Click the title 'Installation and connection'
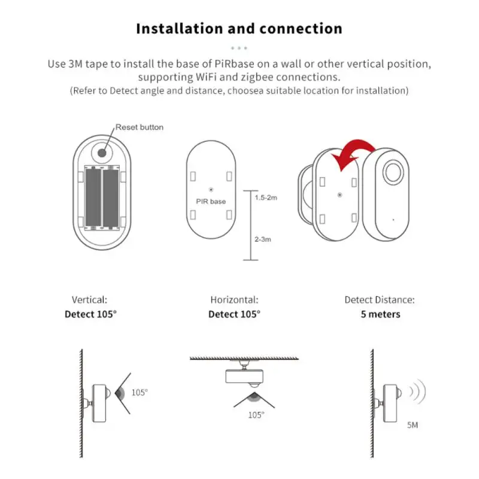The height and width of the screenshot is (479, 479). click(239, 28)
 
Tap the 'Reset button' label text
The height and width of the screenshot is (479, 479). click(139, 127)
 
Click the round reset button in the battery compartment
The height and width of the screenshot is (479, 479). click(102, 152)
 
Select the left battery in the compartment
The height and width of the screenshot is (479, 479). click(93, 197)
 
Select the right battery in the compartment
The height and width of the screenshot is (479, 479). click(111, 197)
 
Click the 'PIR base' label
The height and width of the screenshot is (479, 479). click(211, 201)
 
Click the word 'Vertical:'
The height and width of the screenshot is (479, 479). click(90, 300)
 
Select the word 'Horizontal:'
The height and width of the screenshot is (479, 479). click(234, 300)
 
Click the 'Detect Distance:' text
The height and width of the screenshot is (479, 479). click(380, 300)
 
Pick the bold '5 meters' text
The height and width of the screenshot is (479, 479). click(380, 314)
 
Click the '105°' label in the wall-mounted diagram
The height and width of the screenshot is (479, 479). click(139, 392)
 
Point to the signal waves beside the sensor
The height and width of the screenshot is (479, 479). click(417, 393)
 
